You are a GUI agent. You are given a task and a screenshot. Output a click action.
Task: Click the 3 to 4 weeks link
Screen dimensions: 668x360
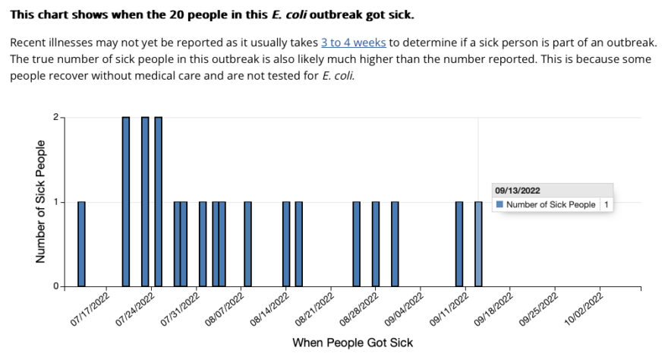tap(354, 43)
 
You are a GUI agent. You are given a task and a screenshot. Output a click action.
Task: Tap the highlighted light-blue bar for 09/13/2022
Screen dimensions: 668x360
tap(478, 244)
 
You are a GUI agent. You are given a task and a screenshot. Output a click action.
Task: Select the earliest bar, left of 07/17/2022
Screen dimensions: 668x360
tap(81, 244)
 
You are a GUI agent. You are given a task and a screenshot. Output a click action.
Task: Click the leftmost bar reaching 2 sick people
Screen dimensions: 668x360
tap(126, 202)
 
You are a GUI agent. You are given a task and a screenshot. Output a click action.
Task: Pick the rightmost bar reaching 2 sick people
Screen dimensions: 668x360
tap(158, 202)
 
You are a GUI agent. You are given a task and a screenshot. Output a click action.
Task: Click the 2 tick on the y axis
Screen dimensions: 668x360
tap(56, 117)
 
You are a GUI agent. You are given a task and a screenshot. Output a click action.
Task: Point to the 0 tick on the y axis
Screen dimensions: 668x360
tap(56, 286)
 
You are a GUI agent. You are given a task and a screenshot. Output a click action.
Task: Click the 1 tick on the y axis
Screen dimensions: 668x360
tap(56, 202)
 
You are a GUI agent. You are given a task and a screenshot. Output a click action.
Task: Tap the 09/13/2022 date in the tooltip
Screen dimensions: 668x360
tap(518, 191)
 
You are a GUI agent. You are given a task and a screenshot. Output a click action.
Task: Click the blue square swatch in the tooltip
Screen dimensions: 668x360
tap(499, 204)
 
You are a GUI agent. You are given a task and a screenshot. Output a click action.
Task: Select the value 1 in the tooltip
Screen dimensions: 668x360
tap(607, 205)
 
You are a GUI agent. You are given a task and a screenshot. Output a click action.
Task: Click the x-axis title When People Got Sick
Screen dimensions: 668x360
tap(353, 343)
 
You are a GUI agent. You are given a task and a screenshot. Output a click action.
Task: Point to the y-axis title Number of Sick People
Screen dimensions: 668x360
tap(40, 201)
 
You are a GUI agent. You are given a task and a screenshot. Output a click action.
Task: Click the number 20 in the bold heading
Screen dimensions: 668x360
tap(177, 15)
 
